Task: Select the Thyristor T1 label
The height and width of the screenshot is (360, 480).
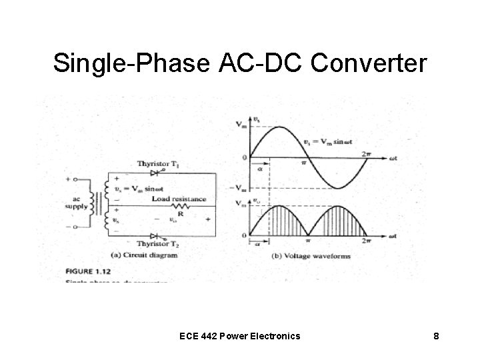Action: pyautogui.click(x=162, y=164)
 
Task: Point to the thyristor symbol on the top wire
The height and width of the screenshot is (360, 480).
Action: pyautogui.click(x=155, y=172)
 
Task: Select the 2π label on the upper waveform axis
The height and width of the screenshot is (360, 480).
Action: pyautogui.click(x=366, y=153)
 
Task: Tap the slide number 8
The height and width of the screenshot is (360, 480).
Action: pyautogui.click(x=435, y=337)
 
